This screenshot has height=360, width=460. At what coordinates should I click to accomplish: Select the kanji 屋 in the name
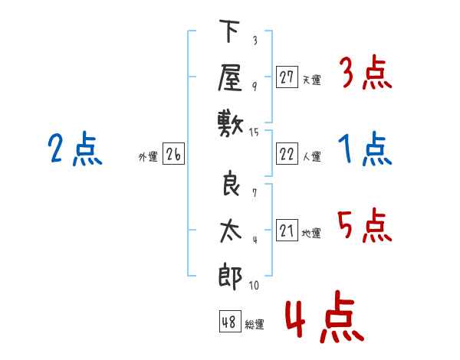(230, 77)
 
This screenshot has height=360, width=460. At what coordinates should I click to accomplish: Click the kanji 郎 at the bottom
(230, 275)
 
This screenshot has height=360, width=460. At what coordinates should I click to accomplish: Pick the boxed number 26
(173, 155)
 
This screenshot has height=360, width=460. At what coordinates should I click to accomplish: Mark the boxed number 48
(229, 322)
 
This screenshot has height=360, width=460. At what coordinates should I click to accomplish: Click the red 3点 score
(365, 74)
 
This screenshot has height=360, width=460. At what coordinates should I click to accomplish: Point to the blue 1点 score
(365, 149)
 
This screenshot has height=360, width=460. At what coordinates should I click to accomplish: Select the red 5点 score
(365, 227)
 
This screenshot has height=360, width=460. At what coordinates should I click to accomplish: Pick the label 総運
(255, 325)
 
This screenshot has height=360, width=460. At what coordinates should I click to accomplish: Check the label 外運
(147, 157)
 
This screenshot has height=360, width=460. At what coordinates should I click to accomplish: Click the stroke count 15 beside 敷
(255, 133)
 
